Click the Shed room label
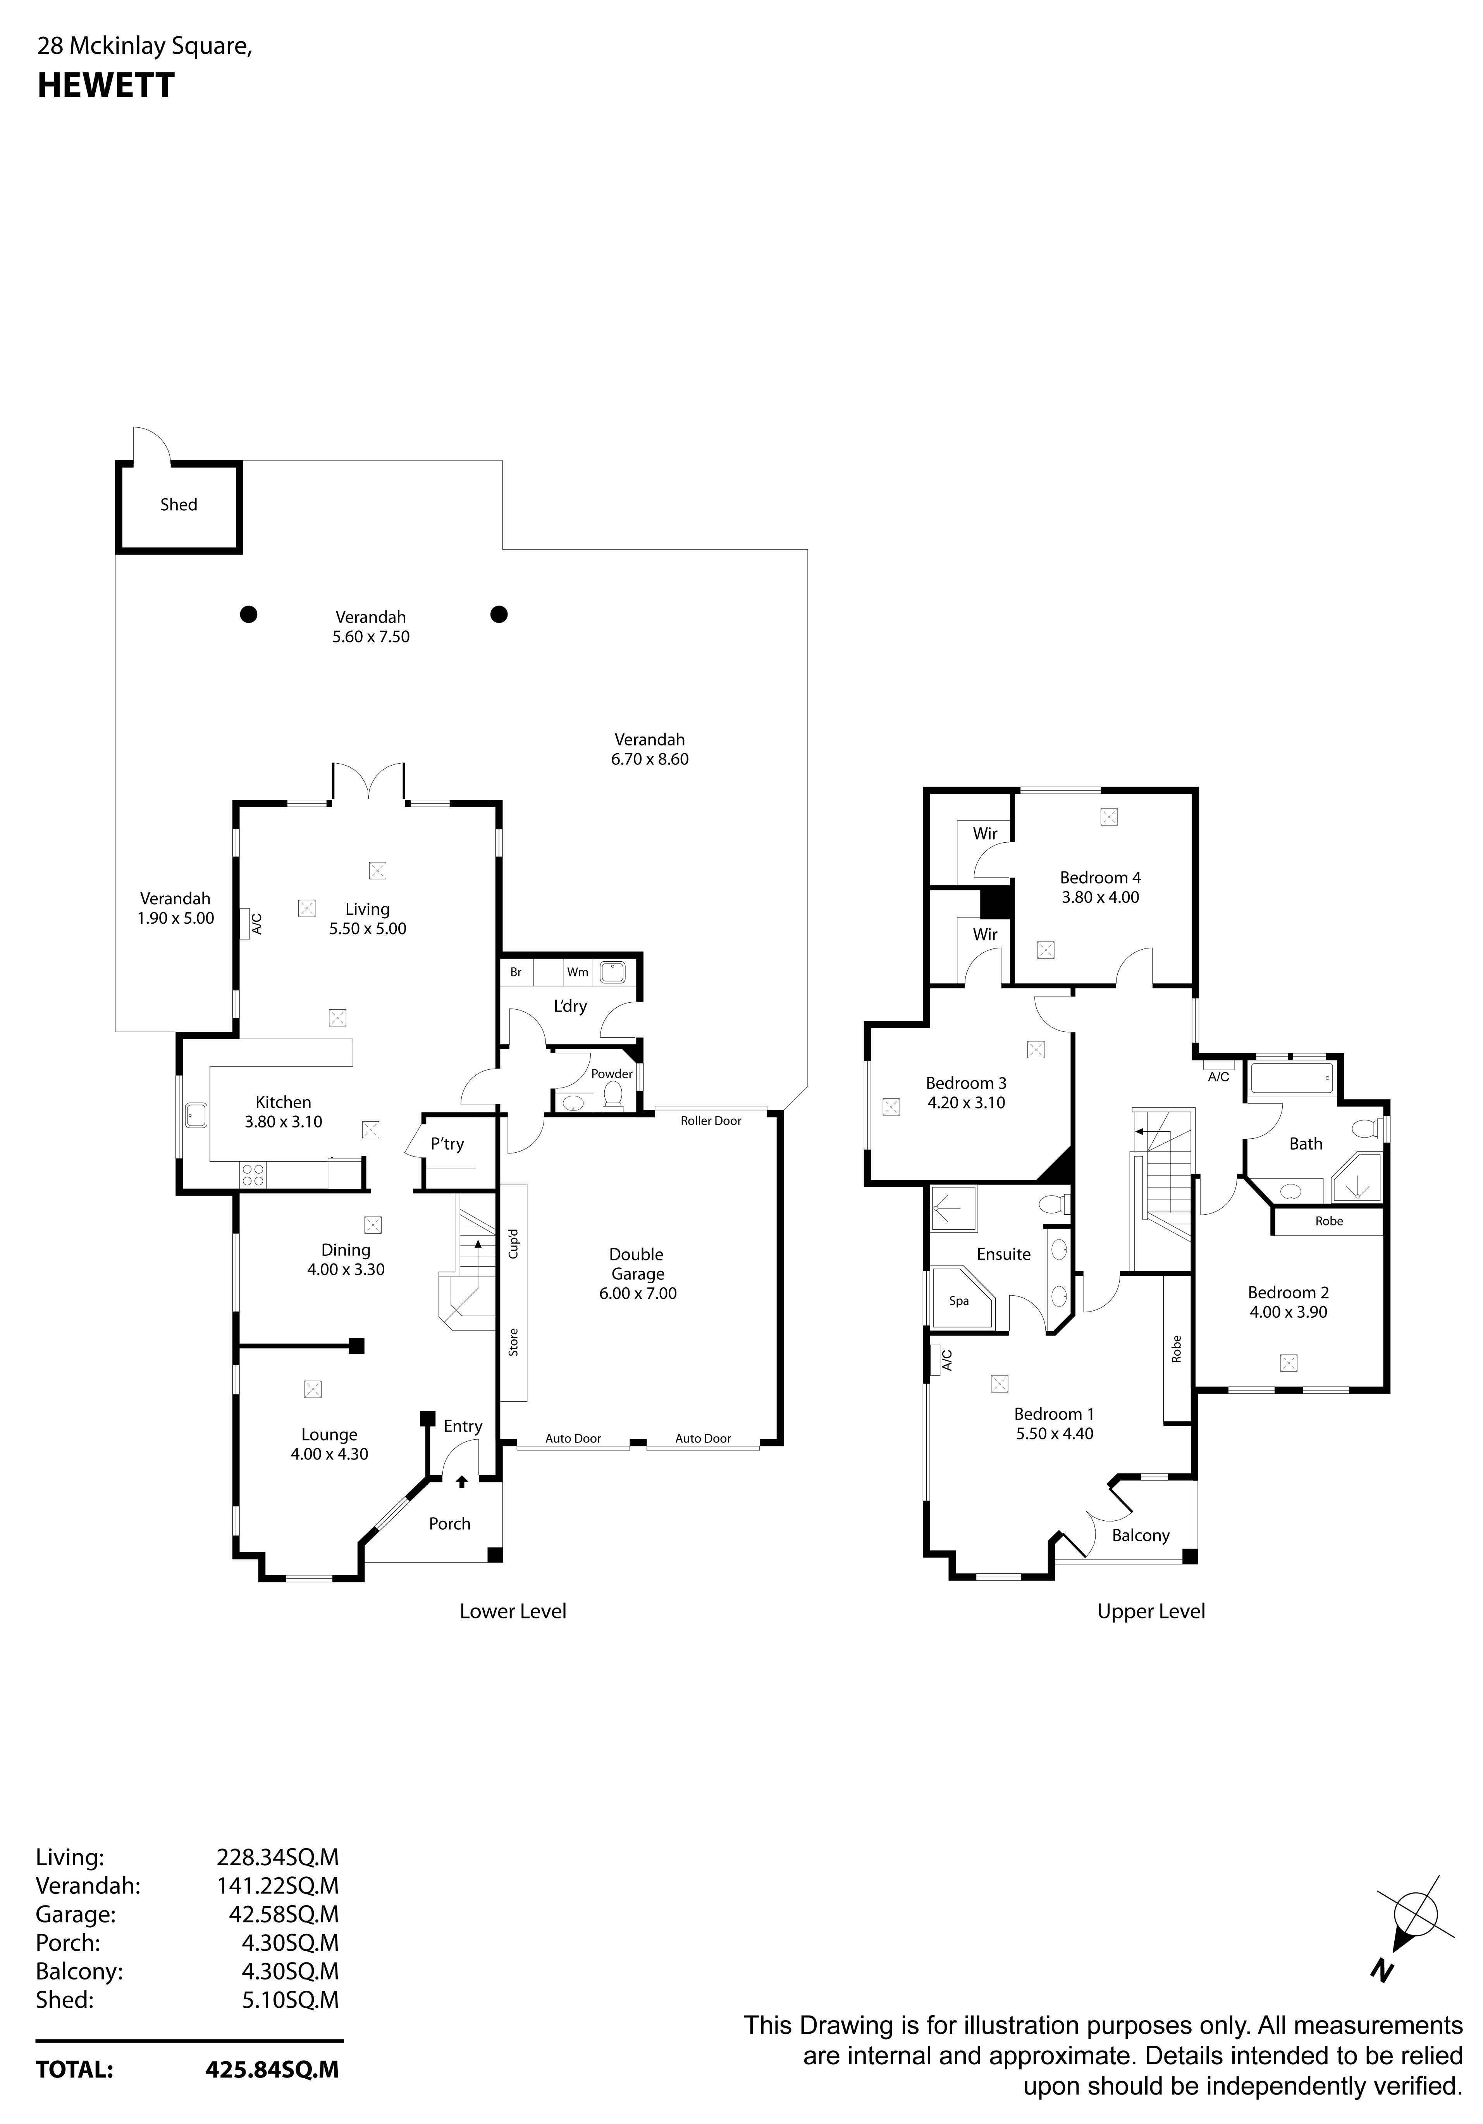[179, 504]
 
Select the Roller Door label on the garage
[711, 1120]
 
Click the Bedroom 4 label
[1100, 877]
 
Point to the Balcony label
[1141, 1535]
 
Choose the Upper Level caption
[1151, 1611]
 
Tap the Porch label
[450, 1523]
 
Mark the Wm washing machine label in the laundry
[577, 971]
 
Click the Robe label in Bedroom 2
[1328, 1220]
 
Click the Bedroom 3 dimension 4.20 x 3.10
[966, 1102]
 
